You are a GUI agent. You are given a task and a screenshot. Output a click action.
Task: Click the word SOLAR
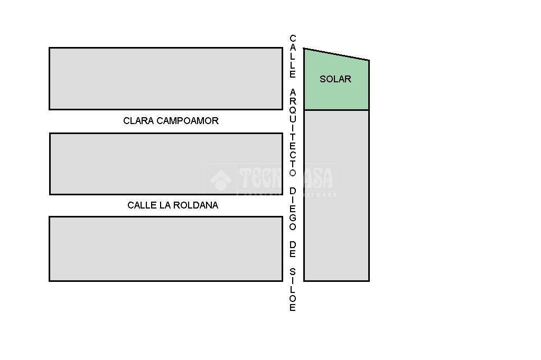point(335,79)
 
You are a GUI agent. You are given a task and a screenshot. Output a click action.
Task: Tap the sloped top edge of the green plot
point(337,54)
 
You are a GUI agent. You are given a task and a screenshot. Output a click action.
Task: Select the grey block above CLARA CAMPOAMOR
point(166,79)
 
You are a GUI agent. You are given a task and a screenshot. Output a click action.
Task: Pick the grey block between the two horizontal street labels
point(166,164)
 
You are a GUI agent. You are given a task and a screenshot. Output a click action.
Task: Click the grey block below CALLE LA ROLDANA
point(166,249)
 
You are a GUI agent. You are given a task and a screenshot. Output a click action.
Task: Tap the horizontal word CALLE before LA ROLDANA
point(142,205)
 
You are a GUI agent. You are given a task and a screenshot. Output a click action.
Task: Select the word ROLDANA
point(198,205)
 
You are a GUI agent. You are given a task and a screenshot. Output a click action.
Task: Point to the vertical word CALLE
point(293,56)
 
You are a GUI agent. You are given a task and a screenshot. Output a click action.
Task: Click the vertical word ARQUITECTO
point(293,132)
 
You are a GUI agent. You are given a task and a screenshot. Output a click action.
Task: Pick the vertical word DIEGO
point(293,209)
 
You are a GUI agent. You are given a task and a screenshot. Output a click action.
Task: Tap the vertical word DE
point(293,250)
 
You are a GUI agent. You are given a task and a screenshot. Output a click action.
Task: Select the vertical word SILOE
point(293,290)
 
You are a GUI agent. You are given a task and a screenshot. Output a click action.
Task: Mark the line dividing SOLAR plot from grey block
point(337,110)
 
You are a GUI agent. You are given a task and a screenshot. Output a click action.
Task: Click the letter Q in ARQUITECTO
point(293,111)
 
